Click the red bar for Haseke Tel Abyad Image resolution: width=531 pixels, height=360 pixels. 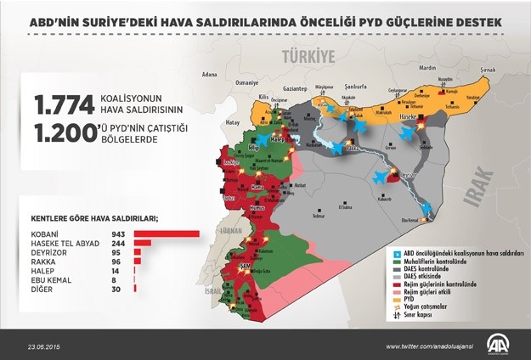pos(142,243)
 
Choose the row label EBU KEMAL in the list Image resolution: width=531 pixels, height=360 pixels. pos(51,280)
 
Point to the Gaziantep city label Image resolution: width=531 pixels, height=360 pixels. pos(294,87)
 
